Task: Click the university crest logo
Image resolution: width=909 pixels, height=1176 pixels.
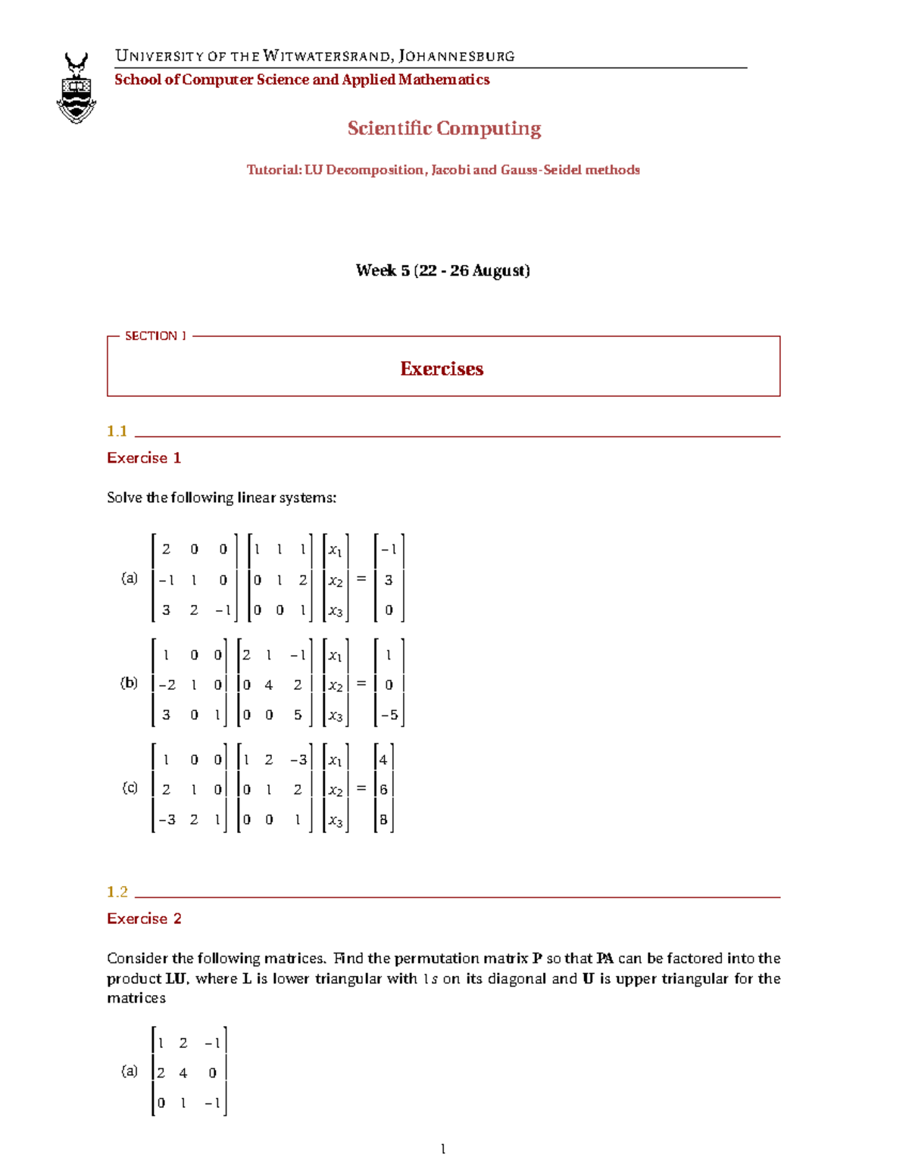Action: (x=77, y=88)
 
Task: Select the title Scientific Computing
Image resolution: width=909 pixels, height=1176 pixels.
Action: (x=444, y=129)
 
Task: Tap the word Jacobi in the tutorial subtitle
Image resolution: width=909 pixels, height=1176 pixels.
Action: (x=449, y=170)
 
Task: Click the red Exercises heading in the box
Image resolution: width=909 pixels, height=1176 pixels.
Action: (x=442, y=369)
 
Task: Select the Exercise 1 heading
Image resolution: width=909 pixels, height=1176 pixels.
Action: (x=144, y=458)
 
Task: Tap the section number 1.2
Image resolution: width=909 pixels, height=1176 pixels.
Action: (x=117, y=891)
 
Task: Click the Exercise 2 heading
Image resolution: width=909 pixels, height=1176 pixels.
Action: (x=144, y=919)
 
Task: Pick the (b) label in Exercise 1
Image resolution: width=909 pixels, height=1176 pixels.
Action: (x=130, y=683)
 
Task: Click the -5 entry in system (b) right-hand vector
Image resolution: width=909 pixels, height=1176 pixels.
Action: (x=389, y=715)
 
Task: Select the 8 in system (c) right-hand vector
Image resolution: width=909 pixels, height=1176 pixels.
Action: (x=383, y=819)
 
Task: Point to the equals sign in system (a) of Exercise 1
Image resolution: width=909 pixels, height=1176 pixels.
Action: (x=361, y=579)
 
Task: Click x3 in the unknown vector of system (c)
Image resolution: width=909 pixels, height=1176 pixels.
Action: (x=335, y=821)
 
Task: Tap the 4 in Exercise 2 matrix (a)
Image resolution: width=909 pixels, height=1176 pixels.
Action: (x=183, y=1073)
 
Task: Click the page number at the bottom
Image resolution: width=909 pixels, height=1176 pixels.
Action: (x=443, y=1149)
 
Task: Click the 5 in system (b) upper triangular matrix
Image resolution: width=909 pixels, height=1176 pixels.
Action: (x=298, y=715)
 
